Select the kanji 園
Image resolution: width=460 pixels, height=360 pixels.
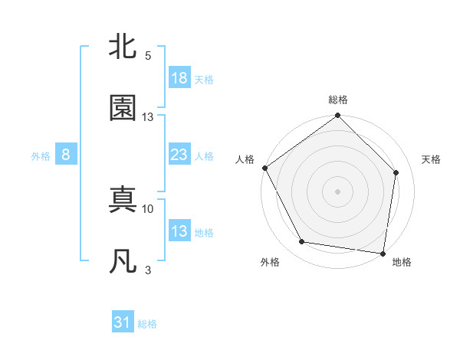123,108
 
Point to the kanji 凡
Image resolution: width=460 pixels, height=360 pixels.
123,261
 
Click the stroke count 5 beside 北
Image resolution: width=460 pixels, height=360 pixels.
148,56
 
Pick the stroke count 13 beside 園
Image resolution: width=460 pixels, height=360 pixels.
148,117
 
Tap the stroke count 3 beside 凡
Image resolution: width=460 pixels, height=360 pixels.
148,270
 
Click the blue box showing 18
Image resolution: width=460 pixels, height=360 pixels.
179,78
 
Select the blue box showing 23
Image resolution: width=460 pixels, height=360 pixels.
179,155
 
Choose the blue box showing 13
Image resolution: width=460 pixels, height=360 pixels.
179,231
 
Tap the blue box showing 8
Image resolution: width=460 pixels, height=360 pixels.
66,155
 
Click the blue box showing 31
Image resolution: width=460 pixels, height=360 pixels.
123,323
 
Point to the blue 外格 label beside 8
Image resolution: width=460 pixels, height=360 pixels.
41,155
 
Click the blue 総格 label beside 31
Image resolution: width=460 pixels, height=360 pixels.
147,324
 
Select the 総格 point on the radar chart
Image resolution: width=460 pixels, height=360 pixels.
337,116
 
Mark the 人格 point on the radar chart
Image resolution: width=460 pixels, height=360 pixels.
264,168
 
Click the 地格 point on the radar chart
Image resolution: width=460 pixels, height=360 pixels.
383,253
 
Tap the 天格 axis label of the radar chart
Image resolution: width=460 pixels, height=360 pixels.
432,159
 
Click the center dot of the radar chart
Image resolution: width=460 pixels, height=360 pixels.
337,191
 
